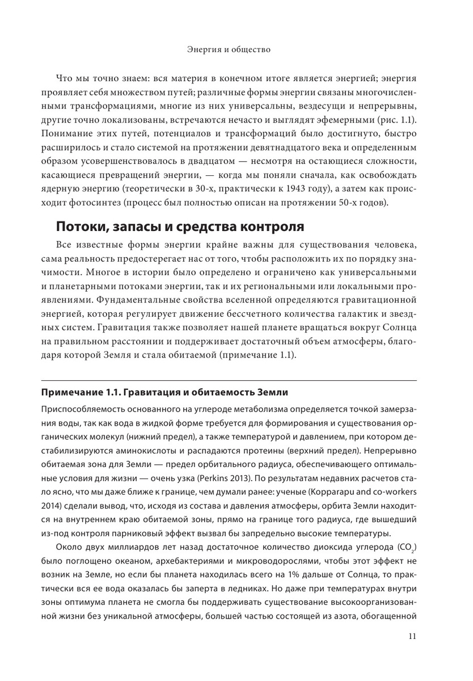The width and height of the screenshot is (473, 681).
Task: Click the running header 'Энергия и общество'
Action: pyautogui.click(x=229, y=50)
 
